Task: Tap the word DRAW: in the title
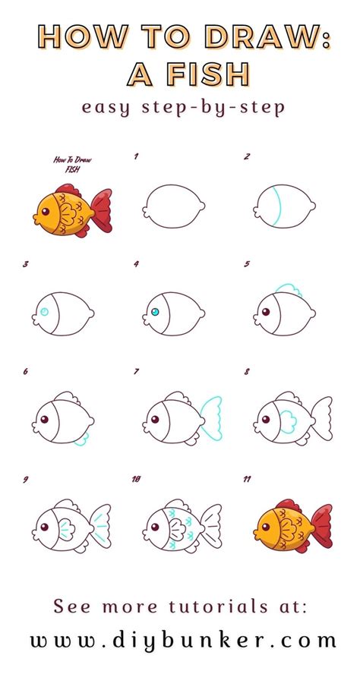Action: (x=268, y=36)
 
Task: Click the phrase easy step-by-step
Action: (x=184, y=107)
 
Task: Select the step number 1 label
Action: (x=136, y=157)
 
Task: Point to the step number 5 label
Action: (x=247, y=265)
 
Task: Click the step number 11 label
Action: (x=248, y=480)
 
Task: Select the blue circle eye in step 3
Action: (x=44, y=312)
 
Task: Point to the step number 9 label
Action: (x=26, y=480)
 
